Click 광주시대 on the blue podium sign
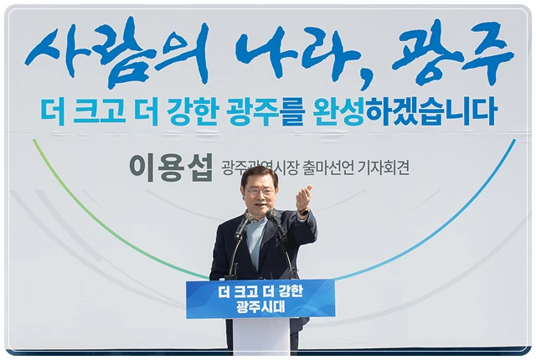(x=260, y=307)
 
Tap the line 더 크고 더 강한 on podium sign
(x=260, y=291)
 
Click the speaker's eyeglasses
(x=260, y=193)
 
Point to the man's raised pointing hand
(x=303, y=198)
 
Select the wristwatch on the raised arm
(x=303, y=213)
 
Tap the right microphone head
(x=272, y=215)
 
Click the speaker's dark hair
(x=259, y=174)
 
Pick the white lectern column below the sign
(x=260, y=337)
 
